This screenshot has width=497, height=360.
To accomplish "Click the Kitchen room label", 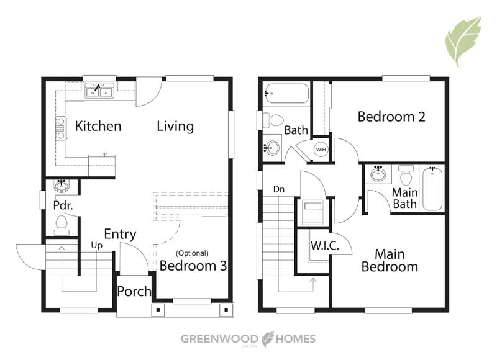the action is pos(98,126).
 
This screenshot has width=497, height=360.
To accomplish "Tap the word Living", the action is pos(175,127).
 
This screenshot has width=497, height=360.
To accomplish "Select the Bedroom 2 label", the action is pos(391,117).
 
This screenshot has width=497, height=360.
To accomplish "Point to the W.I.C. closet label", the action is pos(325,245).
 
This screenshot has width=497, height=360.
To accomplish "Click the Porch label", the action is pos(134,291).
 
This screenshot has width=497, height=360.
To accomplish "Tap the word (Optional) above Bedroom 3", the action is pos(193,253).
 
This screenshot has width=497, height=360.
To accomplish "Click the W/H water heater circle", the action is pos(321,149).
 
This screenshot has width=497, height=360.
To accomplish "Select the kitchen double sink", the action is pos(99,91).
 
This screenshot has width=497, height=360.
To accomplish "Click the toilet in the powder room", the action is pos(61,225).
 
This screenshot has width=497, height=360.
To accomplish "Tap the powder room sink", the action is pos(62,186).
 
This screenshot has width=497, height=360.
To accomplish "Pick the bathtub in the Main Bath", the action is pos(432,189).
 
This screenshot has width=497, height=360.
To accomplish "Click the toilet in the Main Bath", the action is pos(406,175).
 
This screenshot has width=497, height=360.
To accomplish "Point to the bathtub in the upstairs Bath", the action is pos(286,93).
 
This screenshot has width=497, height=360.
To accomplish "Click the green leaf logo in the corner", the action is pos(464,41).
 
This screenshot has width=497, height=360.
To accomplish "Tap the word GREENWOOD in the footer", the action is pos(219,339).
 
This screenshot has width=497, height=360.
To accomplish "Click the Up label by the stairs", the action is pos(97,245).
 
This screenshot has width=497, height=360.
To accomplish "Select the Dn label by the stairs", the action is pos(279,189).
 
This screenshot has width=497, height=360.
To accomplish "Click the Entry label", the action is pos(120,234).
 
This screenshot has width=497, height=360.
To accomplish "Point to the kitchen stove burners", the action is pos(60,128).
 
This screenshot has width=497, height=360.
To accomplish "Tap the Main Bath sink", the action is pos(378,174).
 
